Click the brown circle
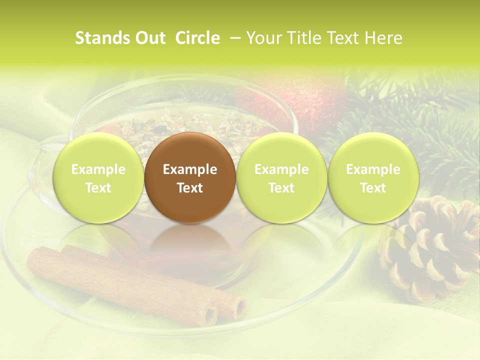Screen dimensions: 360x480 click(x=190, y=177)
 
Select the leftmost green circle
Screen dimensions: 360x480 click(x=98, y=177)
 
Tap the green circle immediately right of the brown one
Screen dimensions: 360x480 click(x=281, y=177)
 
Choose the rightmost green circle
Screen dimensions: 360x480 click(x=373, y=177)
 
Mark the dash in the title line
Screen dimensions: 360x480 click(x=235, y=38)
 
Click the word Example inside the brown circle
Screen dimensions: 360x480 click(x=190, y=169)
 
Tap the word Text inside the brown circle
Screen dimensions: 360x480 click(x=190, y=188)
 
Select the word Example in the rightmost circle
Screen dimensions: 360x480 click(x=373, y=169)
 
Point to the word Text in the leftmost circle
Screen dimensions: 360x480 click(x=98, y=188)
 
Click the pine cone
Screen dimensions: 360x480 click(x=430, y=247)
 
